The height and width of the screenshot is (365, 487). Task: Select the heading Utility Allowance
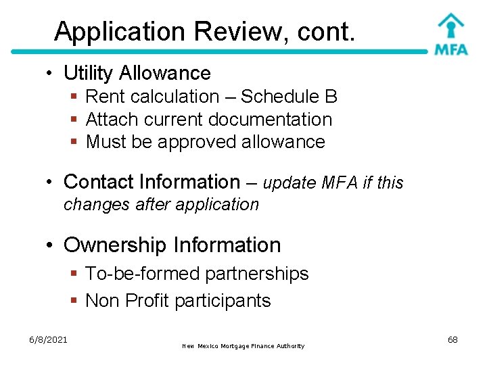pyautogui.click(x=137, y=73)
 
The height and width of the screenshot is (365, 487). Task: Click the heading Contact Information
pyautogui.click(x=152, y=182)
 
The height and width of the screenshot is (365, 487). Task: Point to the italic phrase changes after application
pyautogui.click(x=161, y=204)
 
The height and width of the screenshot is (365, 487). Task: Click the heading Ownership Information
pyautogui.click(x=172, y=245)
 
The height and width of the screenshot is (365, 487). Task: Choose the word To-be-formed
pyautogui.click(x=143, y=274)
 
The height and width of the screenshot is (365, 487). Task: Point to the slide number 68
pyautogui.click(x=453, y=339)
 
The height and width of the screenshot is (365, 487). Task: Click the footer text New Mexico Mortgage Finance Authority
pyautogui.click(x=243, y=346)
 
